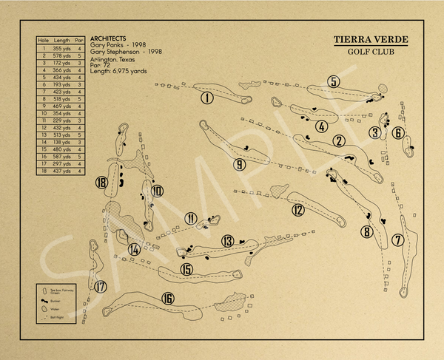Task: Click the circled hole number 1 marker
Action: pos(207,97)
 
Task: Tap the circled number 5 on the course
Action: pos(334,82)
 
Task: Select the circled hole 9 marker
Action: pos(239,164)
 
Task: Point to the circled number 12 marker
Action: pos(297,210)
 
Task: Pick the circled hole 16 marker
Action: pos(168,298)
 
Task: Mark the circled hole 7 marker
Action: pos(397,240)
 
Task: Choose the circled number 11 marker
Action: pos(192,219)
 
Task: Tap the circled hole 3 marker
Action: pos(375,133)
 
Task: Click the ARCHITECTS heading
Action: pos(107,38)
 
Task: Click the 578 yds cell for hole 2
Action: pos(61,55)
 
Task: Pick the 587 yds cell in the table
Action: pos(61,157)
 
